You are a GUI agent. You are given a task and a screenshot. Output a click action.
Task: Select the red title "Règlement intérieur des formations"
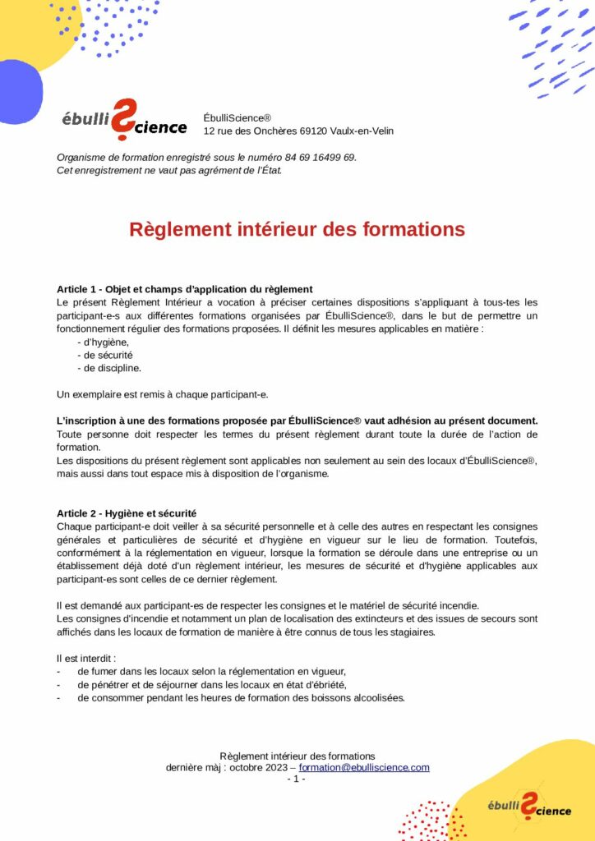click(297, 229)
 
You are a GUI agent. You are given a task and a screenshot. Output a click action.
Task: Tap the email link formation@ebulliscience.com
click(364, 767)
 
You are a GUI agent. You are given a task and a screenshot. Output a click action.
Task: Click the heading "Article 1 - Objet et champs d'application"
click(185, 289)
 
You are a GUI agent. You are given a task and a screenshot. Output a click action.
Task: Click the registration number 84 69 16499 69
click(320, 158)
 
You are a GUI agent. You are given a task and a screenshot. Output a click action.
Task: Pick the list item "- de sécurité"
click(104, 355)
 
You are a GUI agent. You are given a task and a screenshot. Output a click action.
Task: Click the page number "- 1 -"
click(296, 779)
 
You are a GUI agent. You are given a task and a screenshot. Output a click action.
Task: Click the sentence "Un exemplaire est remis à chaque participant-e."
click(162, 394)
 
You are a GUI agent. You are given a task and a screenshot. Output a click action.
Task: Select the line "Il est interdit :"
click(86, 658)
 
